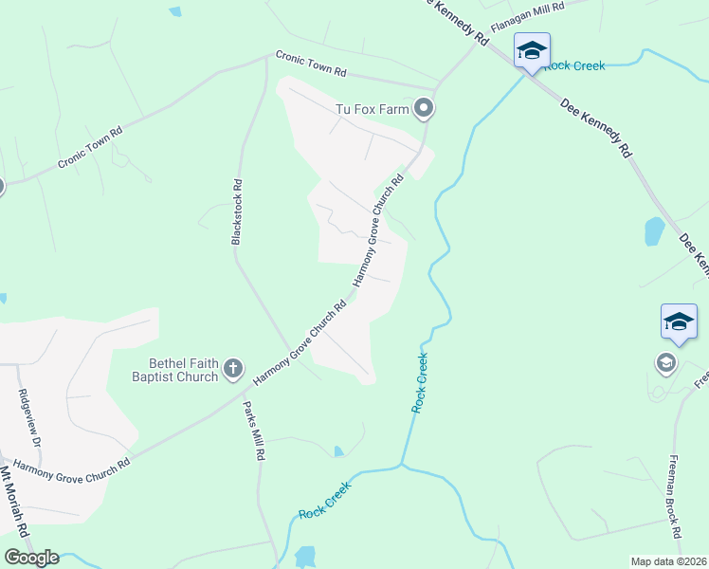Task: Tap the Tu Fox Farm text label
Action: coord(373,109)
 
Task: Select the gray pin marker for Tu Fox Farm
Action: coord(426,109)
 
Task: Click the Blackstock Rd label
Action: coord(237,211)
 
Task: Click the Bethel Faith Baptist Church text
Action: coord(183,369)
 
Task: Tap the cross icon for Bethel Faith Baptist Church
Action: coord(233,368)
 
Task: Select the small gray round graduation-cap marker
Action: coord(666,362)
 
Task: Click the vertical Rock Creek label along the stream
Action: coord(419,382)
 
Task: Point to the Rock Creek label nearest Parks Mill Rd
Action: coord(325,500)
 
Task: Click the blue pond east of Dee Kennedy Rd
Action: coord(654,230)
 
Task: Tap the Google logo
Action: coord(31,558)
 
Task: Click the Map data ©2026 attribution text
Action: coord(668,561)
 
